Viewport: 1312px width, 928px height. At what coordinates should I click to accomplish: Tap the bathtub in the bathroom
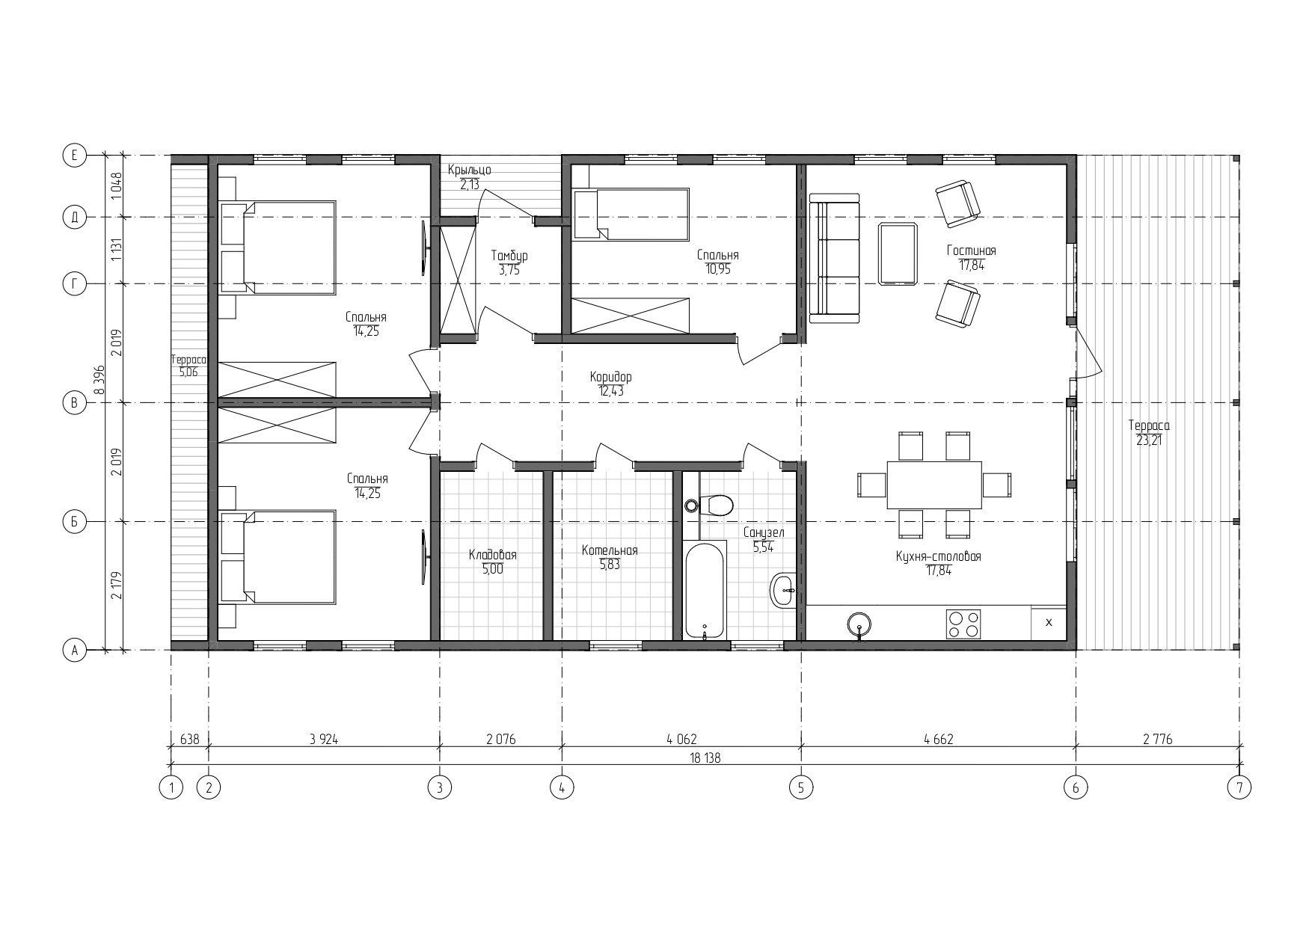pos(705,590)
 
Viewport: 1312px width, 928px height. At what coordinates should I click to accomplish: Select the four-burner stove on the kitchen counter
pos(963,624)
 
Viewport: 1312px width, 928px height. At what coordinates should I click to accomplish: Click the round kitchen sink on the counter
pos(859,624)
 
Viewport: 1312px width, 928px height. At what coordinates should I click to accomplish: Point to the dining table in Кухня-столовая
pos(934,484)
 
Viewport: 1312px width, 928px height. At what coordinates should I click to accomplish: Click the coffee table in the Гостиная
pos(898,254)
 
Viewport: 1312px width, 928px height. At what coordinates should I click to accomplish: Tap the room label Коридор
pos(610,377)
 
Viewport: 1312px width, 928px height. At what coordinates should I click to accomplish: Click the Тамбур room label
pos(509,256)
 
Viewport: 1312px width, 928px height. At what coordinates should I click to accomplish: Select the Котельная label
pos(610,550)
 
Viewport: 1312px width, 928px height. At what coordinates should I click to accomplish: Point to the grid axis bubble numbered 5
pos(801,787)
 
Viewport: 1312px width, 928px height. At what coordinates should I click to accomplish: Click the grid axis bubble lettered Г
pos(74,283)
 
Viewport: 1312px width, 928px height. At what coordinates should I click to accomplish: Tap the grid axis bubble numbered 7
pos(1239,787)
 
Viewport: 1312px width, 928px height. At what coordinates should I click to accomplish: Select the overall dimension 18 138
pos(705,758)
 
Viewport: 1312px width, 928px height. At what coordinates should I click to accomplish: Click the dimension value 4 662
pos(938,740)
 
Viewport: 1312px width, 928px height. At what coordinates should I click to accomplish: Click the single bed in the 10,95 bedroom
pos(630,215)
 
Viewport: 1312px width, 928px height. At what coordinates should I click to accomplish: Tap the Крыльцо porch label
pos(470,170)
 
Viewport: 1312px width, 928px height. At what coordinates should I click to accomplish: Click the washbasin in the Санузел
pos(783,591)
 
